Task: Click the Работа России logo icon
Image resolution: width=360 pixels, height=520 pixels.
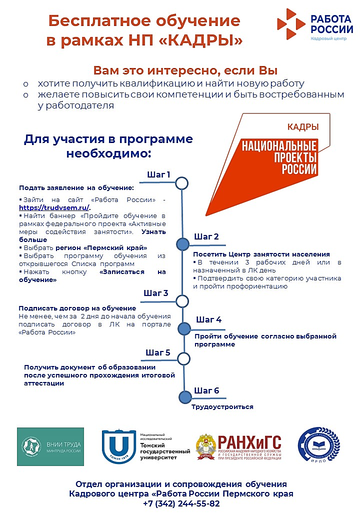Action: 291,23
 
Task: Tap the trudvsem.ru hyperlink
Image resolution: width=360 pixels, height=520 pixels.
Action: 54,207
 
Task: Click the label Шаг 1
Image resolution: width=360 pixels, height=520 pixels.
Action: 159,174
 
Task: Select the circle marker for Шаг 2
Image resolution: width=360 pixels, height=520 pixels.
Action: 182,243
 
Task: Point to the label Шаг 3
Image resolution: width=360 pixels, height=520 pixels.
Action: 155,292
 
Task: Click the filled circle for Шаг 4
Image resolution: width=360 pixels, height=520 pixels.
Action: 184,328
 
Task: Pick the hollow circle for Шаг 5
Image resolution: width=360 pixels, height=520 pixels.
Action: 184,358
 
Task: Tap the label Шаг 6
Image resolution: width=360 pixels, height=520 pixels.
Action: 206,390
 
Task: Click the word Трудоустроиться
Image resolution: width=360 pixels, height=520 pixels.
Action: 222,407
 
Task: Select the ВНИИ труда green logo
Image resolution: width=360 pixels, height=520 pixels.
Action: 50,446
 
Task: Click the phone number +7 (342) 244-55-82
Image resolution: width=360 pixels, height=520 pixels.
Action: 181,503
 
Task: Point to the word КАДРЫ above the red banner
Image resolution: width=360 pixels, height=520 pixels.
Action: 302,127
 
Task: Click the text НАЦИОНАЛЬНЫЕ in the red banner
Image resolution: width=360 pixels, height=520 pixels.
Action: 279,146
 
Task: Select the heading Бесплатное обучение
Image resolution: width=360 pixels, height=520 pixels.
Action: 144,21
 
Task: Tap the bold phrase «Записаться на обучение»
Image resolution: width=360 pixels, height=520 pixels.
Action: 92,276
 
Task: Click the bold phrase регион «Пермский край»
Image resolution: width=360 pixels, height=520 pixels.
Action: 101,247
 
